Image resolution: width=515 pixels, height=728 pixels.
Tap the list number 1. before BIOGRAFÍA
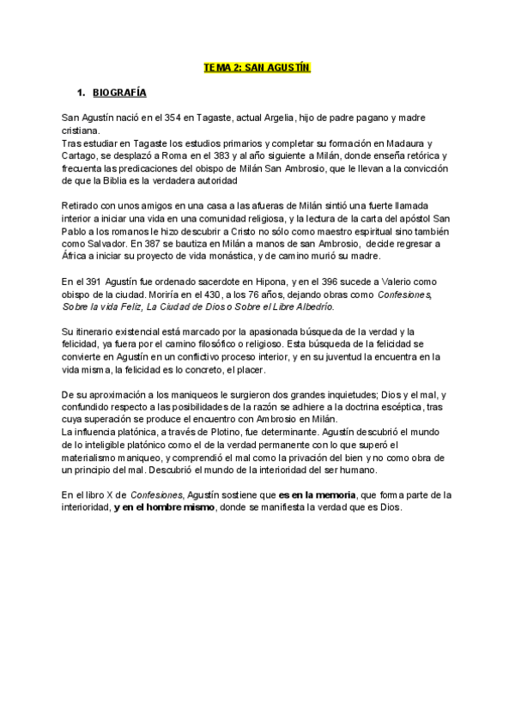pyautogui.click(x=82, y=91)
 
